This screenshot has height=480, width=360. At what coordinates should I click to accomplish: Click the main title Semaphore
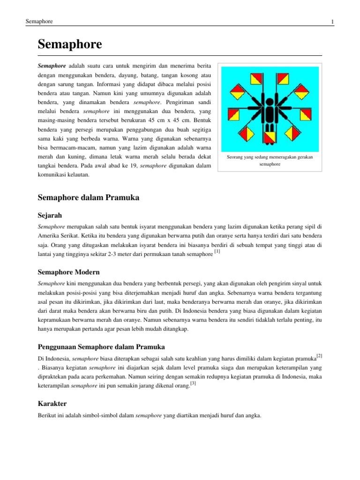click(x=69, y=45)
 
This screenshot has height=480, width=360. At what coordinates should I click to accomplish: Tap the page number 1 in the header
click(x=332, y=22)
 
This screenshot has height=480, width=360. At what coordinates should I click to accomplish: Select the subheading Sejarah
click(x=50, y=215)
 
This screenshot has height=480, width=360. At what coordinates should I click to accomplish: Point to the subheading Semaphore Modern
click(x=68, y=272)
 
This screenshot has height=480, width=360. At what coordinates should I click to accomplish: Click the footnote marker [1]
click(x=217, y=252)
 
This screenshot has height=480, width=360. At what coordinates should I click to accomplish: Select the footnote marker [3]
click(x=193, y=384)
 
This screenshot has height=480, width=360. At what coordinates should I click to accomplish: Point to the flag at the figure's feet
click(x=270, y=137)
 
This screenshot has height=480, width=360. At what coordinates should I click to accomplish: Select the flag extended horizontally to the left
click(x=232, y=113)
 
